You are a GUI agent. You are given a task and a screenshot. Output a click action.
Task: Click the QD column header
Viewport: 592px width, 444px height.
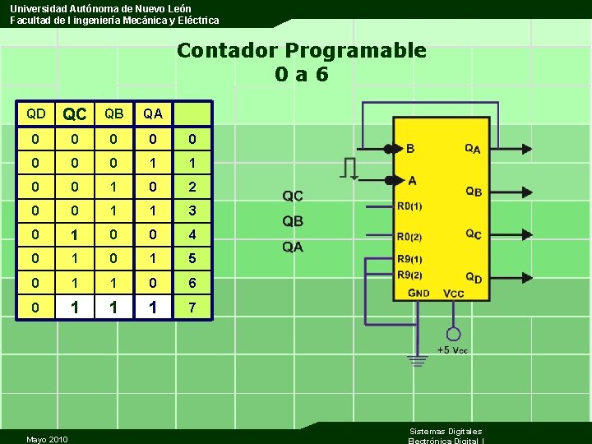pos(35,113)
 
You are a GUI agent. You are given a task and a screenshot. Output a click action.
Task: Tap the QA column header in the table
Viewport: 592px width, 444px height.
pos(153,113)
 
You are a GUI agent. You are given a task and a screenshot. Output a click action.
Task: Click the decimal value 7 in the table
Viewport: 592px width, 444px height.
pos(192,308)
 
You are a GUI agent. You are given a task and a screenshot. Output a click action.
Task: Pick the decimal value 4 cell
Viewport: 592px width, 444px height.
pos(192,234)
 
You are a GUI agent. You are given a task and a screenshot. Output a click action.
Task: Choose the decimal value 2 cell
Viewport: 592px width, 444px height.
pos(192,187)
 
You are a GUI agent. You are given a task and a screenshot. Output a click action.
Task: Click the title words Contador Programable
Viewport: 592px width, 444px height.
pos(301,50)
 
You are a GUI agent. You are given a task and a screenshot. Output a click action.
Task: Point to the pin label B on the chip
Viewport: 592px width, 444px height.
pos(410,149)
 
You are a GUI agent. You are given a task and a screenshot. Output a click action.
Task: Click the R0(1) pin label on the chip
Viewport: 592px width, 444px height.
pos(409,206)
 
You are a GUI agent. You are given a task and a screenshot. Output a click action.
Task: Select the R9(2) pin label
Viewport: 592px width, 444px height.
pos(409,275)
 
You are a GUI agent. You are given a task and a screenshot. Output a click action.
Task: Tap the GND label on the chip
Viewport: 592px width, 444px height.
pos(419,293)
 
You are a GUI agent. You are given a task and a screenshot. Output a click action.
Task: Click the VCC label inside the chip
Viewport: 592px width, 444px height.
pos(453,293)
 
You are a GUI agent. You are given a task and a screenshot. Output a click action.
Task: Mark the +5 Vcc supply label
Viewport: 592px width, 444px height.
pos(453,350)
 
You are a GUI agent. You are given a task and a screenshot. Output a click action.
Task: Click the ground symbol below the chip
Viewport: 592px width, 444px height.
pos(419,359)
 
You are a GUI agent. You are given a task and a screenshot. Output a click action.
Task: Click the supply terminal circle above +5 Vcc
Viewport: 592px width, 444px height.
pos(453,334)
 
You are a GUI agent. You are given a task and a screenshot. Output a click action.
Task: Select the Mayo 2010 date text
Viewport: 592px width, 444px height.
pos(47,439)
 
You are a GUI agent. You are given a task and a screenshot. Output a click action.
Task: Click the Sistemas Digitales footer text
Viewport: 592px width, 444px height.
pos(446,431)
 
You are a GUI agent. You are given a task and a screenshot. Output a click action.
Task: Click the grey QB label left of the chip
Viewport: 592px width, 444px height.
pos(293,221)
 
